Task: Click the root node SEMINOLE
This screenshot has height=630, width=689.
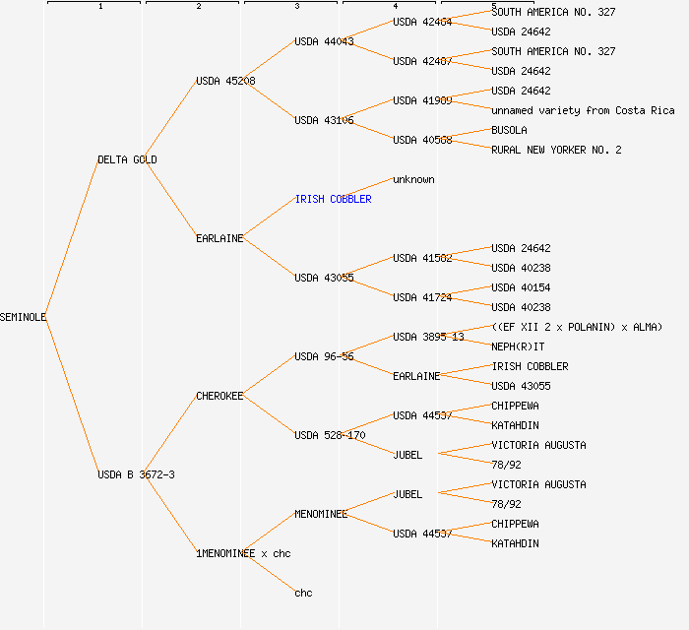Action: [x=24, y=317]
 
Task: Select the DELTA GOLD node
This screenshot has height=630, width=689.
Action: [x=127, y=159]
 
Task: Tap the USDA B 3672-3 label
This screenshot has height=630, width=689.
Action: [x=136, y=474]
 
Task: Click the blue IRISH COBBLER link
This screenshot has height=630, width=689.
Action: [x=333, y=199]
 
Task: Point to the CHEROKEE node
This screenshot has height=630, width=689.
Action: [x=219, y=396]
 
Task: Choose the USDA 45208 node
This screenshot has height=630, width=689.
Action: [x=225, y=81]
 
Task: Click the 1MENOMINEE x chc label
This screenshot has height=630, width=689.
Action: [x=243, y=553]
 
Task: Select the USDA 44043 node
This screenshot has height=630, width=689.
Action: [x=324, y=41]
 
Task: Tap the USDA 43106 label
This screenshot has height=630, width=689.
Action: [x=324, y=120]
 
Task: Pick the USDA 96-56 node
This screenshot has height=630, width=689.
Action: [x=324, y=356]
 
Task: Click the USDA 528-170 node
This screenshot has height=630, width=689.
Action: [x=330, y=435]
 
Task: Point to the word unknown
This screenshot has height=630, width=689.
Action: [x=413, y=179]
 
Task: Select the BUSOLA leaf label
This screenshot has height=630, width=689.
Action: [x=509, y=130]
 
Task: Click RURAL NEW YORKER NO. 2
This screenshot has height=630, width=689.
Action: [x=556, y=150]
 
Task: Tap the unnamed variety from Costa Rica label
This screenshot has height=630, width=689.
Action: [x=583, y=110]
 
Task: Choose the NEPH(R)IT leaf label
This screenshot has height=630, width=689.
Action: [x=518, y=346]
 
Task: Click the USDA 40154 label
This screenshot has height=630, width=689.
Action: [x=521, y=287]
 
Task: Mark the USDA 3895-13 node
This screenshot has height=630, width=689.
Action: [x=428, y=337]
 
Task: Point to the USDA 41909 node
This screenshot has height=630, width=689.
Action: [x=422, y=100]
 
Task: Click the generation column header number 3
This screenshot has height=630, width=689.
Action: [x=296, y=7]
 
